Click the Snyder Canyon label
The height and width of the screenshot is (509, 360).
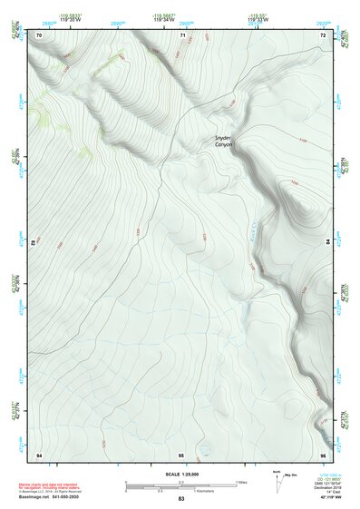(x=224, y=141)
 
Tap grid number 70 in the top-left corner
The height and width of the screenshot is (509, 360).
(x=39, y=34)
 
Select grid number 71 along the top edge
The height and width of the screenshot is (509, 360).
(x=182, y=34)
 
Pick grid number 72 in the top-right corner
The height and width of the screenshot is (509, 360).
(x=323, y=34)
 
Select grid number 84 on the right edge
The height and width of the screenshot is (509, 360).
(x=327, y=243)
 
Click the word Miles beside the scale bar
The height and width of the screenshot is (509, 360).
(x=242, y=482)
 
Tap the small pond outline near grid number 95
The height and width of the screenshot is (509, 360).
(x=203, y=447)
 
